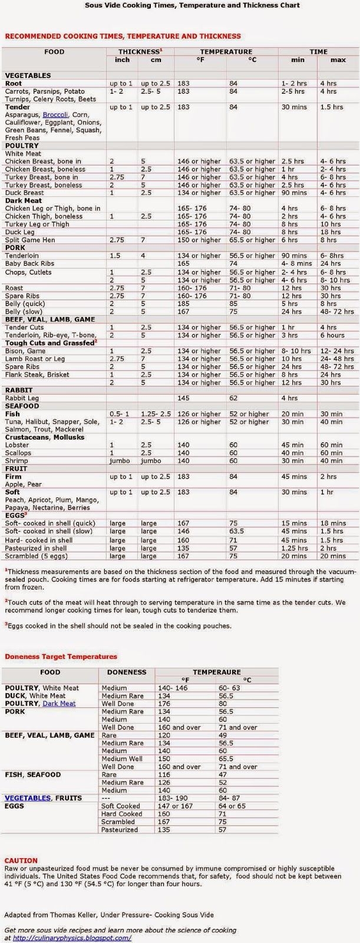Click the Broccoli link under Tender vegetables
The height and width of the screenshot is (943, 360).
pyautogui.click(x=55, y=115)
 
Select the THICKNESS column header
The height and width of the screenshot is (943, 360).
pyautogui.click(x=140, y=52)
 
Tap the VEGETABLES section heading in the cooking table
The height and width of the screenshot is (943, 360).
pyautogui.click(x=28, y=75)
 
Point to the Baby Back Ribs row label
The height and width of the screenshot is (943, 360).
pyautogui.click(x=29, y=264)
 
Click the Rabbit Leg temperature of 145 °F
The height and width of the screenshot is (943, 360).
pyautogui.click(x=184, y=398)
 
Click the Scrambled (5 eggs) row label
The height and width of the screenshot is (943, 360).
pyautogui.click(x=35, y=556)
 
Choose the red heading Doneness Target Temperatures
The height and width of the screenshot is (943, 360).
pyautogui.click(x=61, y=657)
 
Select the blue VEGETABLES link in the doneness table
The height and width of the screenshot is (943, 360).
pyautogui.click(x=28, y=798)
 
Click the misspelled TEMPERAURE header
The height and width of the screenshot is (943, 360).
pyautogui.click(x=216, y=672)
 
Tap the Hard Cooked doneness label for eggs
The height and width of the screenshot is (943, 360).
pyautogui.click(x=121, y=814)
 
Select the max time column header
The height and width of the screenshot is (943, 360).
pyautogui.click(x=338, y=60)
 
